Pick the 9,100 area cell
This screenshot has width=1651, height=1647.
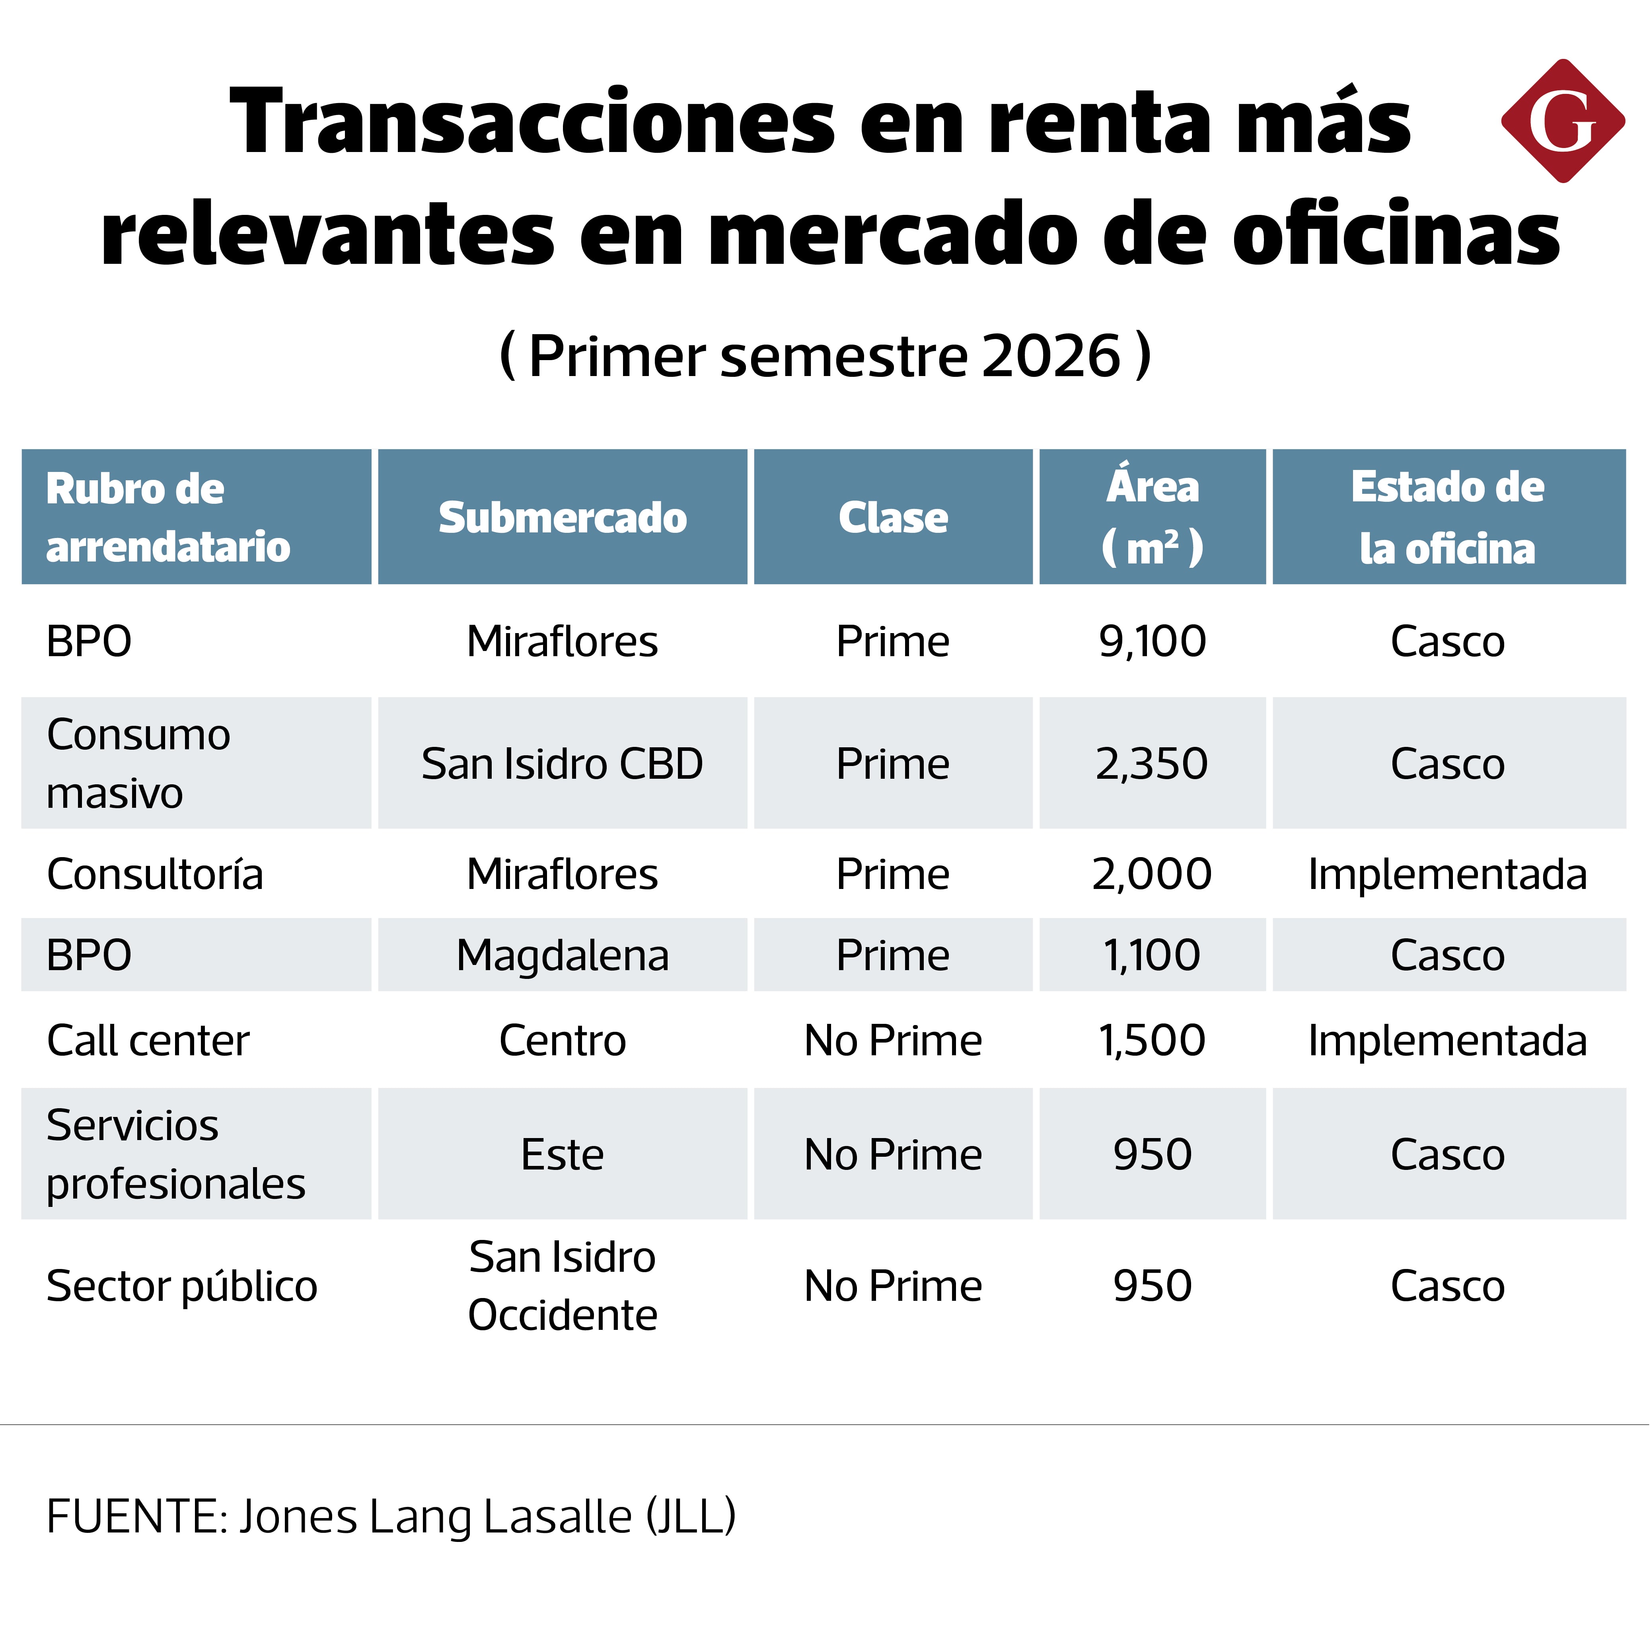click(1152, 641)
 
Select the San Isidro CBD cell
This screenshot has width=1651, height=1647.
click(562, 763)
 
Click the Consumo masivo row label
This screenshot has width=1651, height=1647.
click(138, 763)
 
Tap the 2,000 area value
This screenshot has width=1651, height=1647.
click(1152, 873)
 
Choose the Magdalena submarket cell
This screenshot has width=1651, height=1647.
click(562, 955)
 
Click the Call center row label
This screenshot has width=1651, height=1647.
click(148, 1040)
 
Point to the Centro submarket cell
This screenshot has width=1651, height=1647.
click(562, 1040)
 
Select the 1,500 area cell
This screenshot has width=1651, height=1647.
click(1152, 1040)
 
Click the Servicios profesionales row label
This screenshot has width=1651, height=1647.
click(176, 1154)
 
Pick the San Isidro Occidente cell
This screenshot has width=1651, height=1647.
click(562, 1285)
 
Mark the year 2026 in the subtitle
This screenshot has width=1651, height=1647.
click(1051, 356)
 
